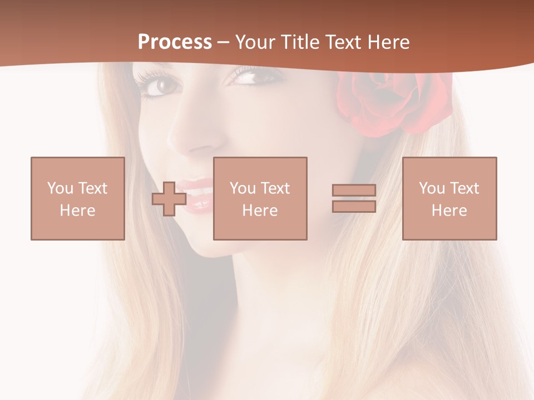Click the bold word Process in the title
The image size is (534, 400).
point(175,42)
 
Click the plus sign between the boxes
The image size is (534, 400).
point(169,199)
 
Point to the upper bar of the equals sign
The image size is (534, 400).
point(354,190)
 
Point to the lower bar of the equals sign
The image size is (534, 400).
point(354,206)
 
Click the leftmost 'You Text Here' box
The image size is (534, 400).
point(78,198)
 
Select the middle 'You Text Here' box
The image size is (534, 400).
point(260,198)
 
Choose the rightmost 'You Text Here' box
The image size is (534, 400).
point(449,198)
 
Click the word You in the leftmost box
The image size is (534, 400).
point(60,188)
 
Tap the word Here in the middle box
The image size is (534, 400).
point(260,211)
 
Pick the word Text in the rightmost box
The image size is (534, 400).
point(464,188)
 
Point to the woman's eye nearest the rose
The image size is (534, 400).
point(247,76)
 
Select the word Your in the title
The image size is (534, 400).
point(255,42)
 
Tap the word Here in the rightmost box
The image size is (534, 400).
point(449,211)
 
